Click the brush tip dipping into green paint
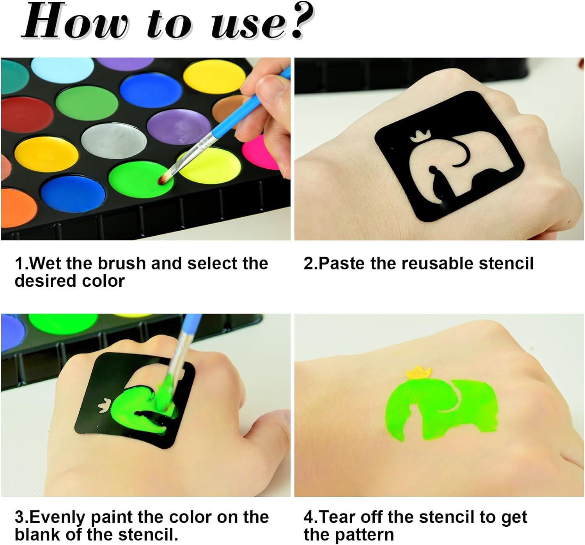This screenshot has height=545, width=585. coord(164,177)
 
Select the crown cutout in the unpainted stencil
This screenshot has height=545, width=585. coord(418,138)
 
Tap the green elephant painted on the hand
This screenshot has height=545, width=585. coord(441,413)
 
